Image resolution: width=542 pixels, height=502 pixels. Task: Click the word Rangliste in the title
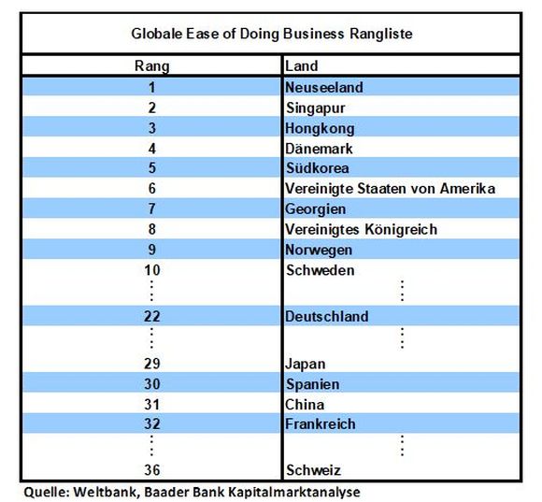(381, 34)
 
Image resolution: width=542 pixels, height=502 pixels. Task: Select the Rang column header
(152, 66)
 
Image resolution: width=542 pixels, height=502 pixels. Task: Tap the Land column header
(301, 65)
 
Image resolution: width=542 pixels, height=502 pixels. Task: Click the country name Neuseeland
(324, 88)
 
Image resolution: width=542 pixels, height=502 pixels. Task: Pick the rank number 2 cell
(152, 108)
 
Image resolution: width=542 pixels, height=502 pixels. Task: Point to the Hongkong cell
(320, 129)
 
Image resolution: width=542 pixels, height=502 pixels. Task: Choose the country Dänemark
(319, 149)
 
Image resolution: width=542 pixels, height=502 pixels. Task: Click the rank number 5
(152, 168)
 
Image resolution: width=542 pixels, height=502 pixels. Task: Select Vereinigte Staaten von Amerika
(390, 189)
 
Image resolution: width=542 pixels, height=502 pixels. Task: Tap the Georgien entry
(315, 209)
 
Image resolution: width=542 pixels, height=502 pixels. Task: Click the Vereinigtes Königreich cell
(361, 230)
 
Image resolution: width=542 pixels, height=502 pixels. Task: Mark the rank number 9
(152, 250)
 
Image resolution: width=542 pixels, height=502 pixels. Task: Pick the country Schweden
(321, 270)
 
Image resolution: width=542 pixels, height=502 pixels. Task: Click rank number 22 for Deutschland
(152, 316)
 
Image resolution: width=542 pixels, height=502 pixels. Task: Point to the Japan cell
(306, 364)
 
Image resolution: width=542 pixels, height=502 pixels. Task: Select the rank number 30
(152, 384)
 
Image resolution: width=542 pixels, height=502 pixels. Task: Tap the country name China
(305, 405)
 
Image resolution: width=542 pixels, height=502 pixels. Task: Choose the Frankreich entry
(321, 424)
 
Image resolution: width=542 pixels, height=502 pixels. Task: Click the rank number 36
(152, 470)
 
